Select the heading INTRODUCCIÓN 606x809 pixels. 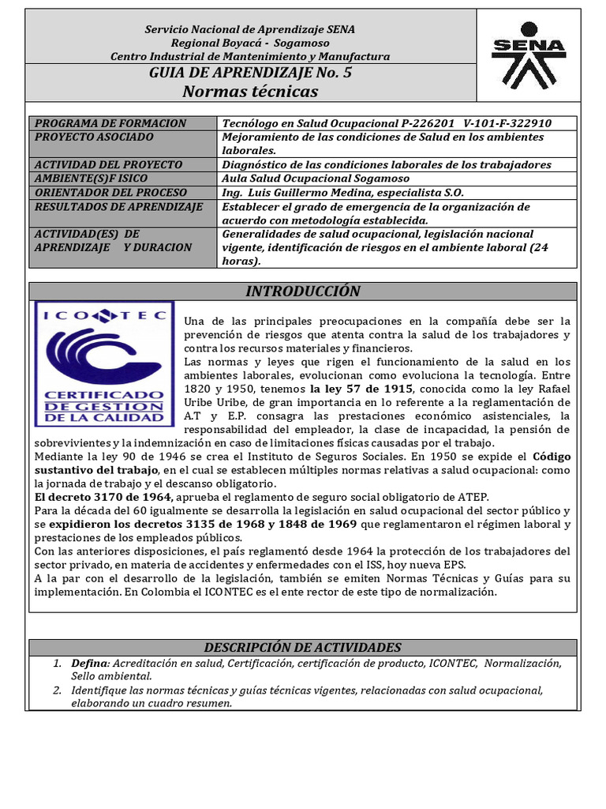[x=302, y=292]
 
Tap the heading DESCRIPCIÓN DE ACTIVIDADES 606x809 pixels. [x=302, y=647]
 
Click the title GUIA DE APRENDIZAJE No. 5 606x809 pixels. [x=250, y=74]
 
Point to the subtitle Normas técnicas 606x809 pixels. [x=250, y=92]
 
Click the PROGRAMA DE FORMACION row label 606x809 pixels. [x=110, y=123]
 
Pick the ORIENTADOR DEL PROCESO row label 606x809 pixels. [x=111, y=192]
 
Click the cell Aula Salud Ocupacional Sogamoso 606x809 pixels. [x=312, y=179]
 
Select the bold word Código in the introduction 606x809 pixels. [x=552, y=457]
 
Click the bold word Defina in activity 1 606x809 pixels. [x=88, y=663]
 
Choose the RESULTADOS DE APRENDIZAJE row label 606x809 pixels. [x=118, y=206]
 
